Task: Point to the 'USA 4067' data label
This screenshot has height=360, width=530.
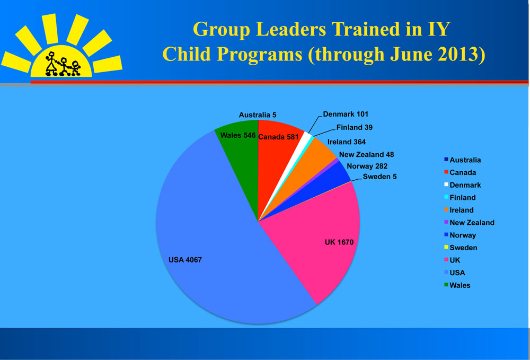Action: pyautogui.click(x=185, y=260)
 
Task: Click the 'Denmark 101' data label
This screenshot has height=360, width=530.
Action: pyautogui.click(x=346, y=114)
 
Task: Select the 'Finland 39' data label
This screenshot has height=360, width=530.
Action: pyautogui.click(x=354, y=127)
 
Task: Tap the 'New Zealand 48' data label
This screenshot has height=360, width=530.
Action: pyautogui.click(x=366, y=154)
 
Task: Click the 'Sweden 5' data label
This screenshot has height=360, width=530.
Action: pyautogui.click(x=379, y=177)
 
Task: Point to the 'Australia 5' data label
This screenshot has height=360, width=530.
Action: pyautogui.click(x=258, y=115)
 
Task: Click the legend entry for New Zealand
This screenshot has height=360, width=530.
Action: pyautogui.click(x=469, y=223)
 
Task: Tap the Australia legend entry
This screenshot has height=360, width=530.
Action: pyautogui.click(x=462, y=160)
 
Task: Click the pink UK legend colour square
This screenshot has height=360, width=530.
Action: pyautogui.click(x=446, y=260)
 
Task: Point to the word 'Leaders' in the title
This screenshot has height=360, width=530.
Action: pyautogui.click(x=291, y=29)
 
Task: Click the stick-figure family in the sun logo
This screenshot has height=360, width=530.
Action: pyautogui.click(x=63, y=64)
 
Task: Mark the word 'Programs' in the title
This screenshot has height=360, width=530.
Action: pyautogui.click(x=260, y=55)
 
